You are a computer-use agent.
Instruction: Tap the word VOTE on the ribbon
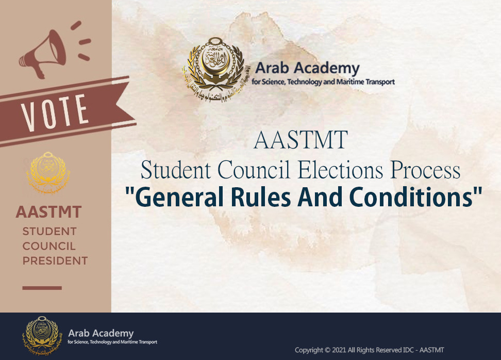click(55, 112)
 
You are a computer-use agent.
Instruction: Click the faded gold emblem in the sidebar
click(48, 172)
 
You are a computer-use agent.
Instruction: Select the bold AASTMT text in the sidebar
click(48, 212)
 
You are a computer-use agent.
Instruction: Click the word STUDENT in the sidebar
click(49, 231)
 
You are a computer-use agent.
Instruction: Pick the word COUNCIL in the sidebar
click(49, 246)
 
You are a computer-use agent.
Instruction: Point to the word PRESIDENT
click(55, 260)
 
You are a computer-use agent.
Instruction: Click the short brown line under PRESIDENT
click(42, 288)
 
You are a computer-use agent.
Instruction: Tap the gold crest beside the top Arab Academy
click(213, 70)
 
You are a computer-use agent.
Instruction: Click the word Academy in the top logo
click(327, 68)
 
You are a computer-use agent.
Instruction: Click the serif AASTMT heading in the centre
click(300, 140)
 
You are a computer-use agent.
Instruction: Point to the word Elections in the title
click(341, 170)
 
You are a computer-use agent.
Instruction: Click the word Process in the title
click(425, 170)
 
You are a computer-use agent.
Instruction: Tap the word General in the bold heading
click(179, 197)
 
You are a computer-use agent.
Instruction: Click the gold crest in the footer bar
click(41, 336)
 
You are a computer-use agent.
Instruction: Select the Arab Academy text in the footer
click(101, 334)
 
